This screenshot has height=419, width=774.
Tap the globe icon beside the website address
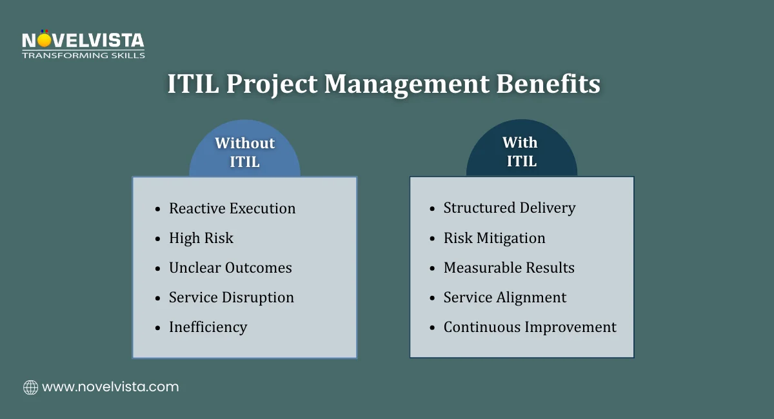coord(30,387)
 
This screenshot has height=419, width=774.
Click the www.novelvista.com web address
coord(110,387)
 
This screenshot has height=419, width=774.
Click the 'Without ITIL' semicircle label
coord(244,152)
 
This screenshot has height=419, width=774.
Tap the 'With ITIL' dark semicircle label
coord(521,152)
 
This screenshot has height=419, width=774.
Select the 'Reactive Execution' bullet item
coord(232,208)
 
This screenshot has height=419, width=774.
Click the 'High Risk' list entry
coord(201,238)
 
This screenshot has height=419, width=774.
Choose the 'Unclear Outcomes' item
coord(230,268)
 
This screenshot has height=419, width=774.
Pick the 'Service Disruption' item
coord(232,297)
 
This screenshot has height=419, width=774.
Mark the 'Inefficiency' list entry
coord(208,327)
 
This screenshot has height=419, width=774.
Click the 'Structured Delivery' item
coord(510,208)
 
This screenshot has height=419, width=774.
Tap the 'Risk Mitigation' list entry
coord(494,238)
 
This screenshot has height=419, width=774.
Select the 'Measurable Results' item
coord(509,268)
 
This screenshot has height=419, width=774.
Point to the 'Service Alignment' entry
coord(505,297)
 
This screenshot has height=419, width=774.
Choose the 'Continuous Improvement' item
coord(530,327)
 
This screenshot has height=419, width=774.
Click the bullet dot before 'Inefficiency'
coord(157,328)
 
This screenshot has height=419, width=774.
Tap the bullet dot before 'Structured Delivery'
coord(432,209)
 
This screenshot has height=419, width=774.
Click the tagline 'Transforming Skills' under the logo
coord(83,55)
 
